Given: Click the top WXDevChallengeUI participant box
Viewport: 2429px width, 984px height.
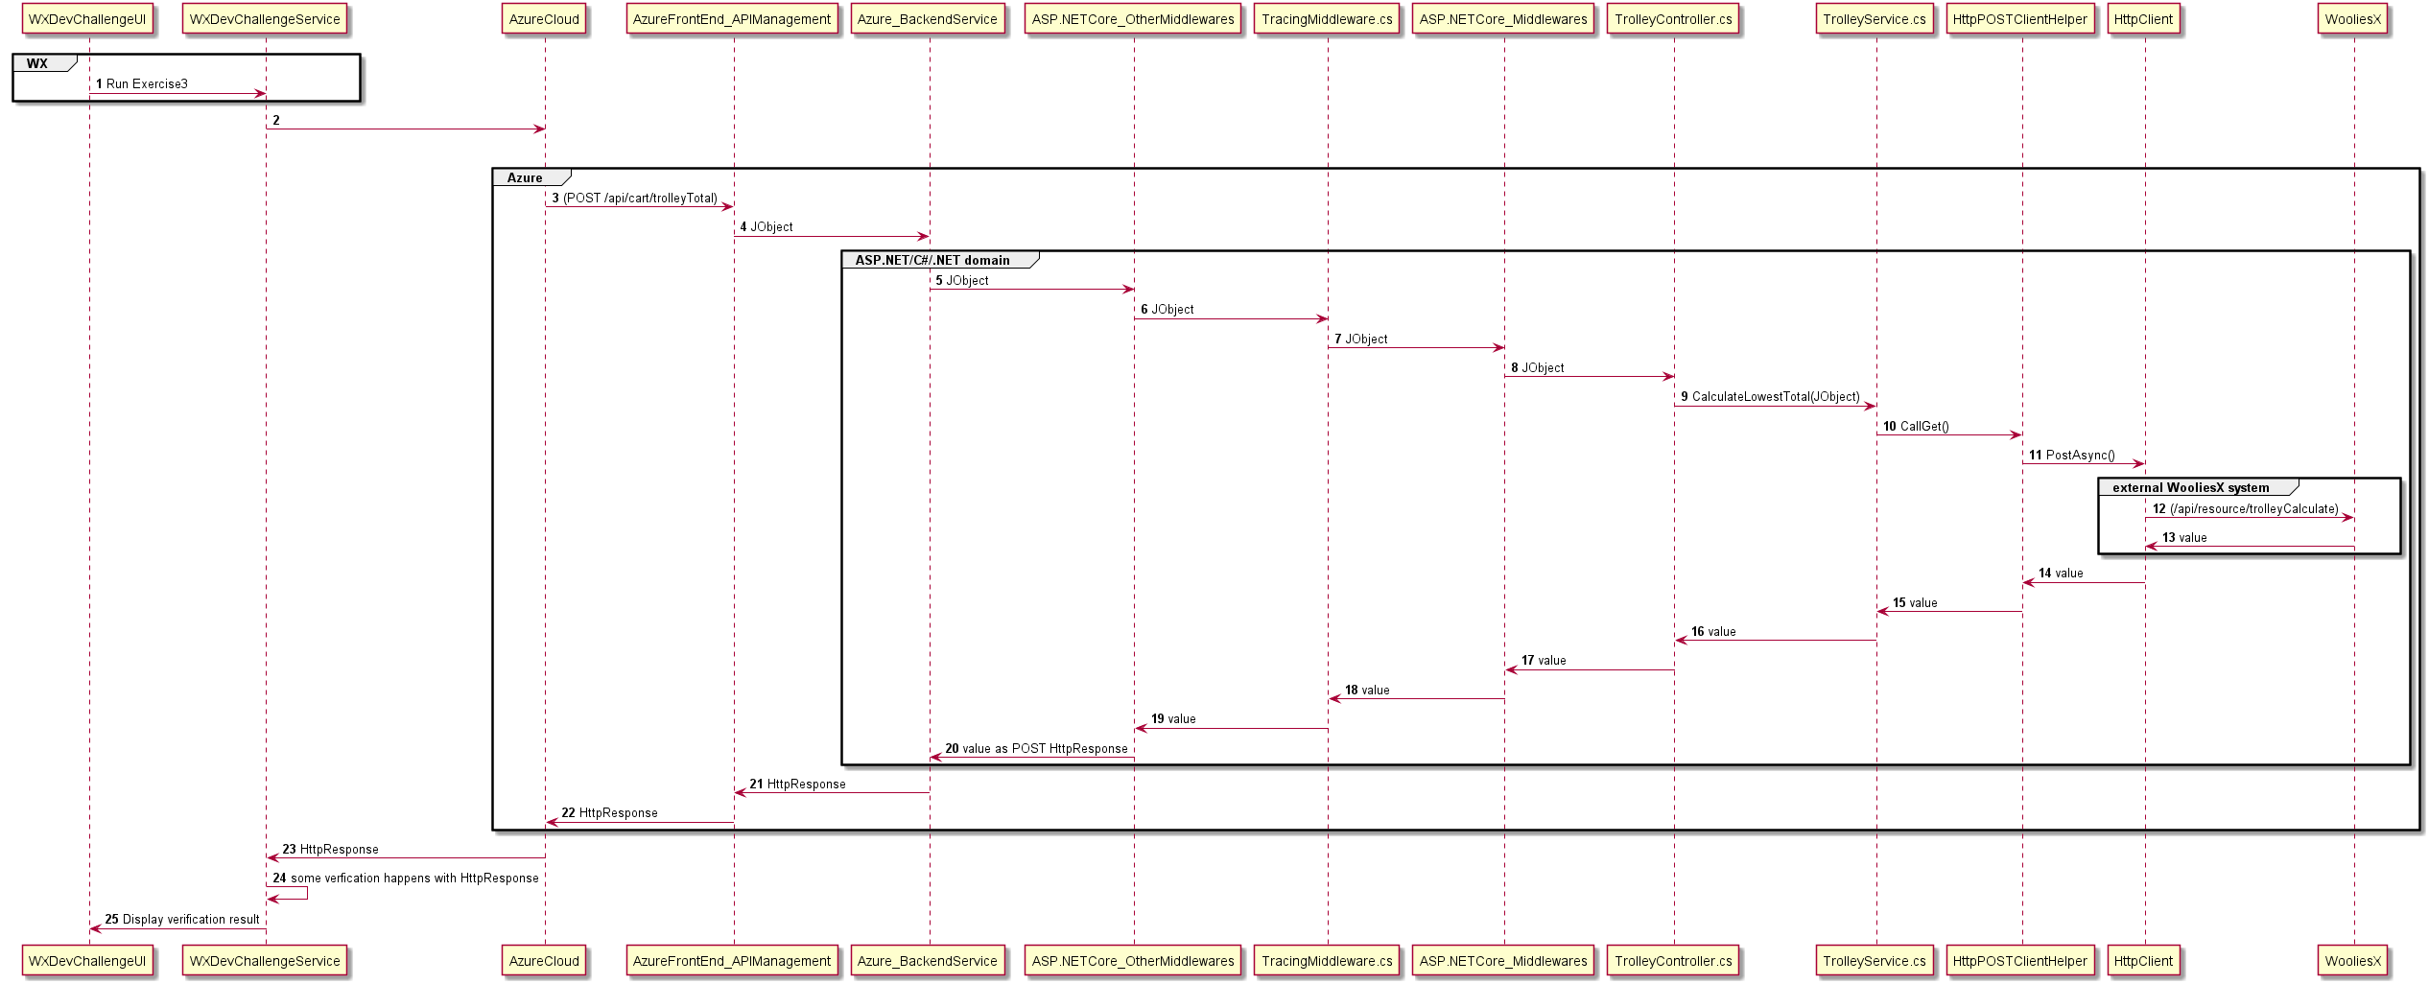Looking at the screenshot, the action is click(87, 19).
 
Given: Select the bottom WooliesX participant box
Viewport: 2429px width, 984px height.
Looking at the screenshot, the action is click(2352, 961).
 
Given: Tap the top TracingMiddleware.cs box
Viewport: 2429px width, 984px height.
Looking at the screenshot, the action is click(1327, 19).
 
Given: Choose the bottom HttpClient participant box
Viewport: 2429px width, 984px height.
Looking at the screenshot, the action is click(2143, 961).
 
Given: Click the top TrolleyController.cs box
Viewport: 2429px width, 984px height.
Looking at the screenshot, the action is click(1673, 19).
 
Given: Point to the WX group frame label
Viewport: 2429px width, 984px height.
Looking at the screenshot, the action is click(38, 63).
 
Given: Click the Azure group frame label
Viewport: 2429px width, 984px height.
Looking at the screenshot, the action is click(525, 177).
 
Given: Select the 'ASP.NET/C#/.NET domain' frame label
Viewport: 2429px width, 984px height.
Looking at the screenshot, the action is click(932, 260).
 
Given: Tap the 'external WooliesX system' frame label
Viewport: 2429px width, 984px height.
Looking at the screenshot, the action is click(2191, 487).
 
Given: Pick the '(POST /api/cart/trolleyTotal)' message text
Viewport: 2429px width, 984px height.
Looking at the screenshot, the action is click(640, 199).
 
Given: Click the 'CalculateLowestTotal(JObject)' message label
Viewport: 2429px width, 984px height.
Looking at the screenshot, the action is click(1775, 397).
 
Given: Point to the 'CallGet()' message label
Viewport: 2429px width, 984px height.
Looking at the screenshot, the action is click(1923, 426).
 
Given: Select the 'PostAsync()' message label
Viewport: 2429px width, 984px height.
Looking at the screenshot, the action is click(2080, 456).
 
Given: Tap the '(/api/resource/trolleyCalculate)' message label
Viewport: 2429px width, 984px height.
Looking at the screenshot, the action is click(2253, 509).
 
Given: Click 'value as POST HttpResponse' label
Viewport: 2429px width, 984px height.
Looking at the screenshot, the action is click(1045, 749).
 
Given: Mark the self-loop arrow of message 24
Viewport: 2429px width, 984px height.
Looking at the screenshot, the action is click(306, 893).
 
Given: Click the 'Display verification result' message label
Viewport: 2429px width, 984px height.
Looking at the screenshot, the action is click(190, 920).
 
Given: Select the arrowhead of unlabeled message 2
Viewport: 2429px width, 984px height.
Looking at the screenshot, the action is click(539, 129).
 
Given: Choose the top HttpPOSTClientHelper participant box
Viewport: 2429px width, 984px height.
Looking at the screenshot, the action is click(2019, 19).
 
